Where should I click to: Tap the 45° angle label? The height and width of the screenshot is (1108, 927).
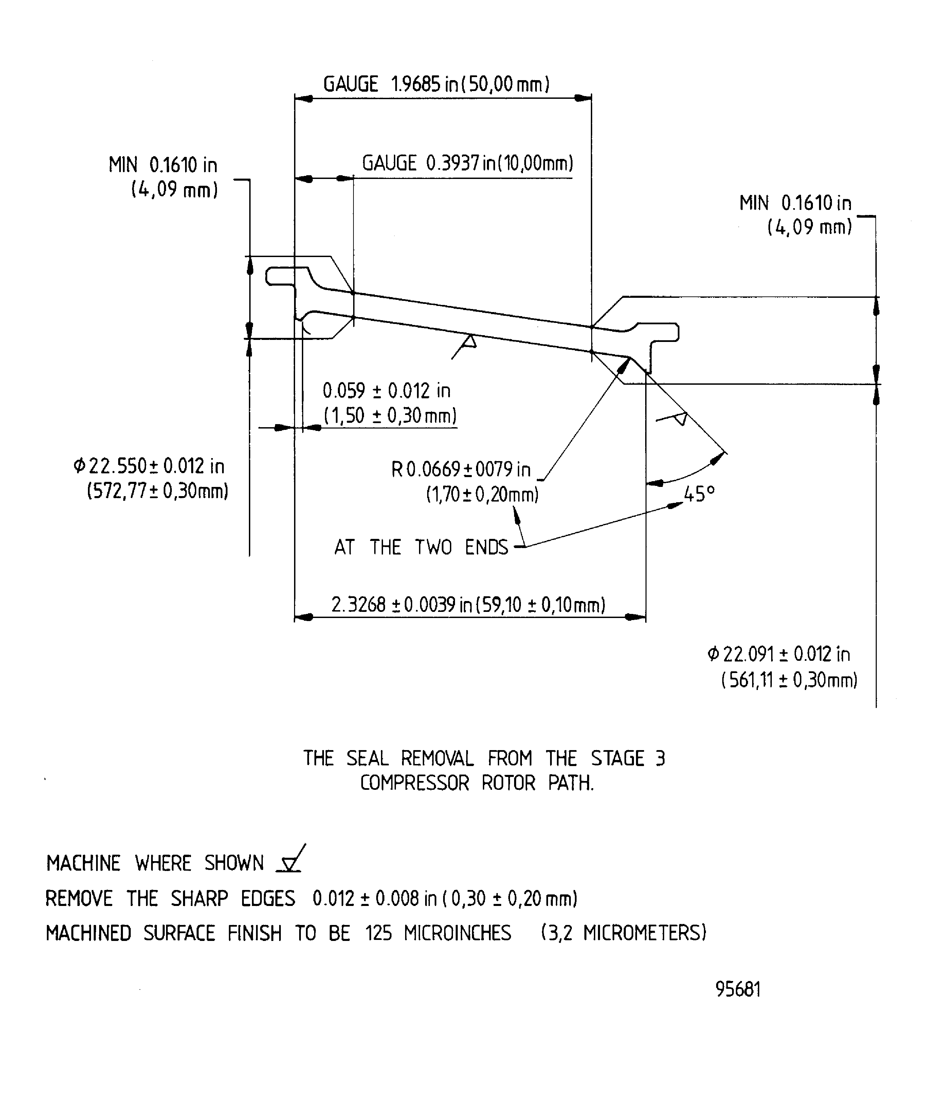(699, 494)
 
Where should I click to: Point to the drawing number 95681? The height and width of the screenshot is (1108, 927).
(738, 989)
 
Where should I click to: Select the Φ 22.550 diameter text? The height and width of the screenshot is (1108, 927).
(149, 467)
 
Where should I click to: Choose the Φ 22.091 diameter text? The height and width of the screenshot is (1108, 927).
(779, 654)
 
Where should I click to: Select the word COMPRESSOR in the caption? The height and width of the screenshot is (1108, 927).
(414, 783)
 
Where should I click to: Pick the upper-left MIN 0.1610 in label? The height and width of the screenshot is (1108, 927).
(163, 165)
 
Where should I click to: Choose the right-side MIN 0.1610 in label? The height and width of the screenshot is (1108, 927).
(795, 203)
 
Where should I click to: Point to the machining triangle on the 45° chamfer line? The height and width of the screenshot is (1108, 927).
(680, 418)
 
